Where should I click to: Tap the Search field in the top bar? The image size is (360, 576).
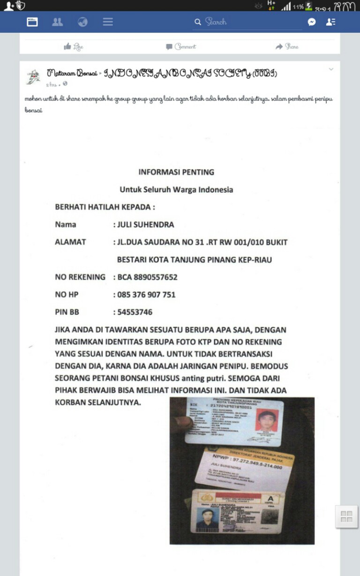[247, 22]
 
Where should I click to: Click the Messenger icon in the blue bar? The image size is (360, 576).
[312, 22]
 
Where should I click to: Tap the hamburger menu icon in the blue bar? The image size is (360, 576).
[108, 22]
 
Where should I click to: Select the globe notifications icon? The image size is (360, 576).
[83, 22]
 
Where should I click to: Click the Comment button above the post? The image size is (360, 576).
[181, 47]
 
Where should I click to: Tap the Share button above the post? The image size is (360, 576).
[287, 47]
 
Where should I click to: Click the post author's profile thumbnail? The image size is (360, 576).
[33, 76]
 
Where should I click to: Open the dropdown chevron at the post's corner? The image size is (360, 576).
[331, 70]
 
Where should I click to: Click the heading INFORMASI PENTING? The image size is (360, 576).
[176, 172]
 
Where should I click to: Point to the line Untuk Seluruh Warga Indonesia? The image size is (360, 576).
[176, 190]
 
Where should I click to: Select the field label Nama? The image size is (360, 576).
[65, 224]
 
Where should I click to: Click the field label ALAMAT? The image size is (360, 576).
[70, 242]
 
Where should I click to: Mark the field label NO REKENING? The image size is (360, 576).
[80, 277]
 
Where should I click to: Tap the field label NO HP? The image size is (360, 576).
[66, 294]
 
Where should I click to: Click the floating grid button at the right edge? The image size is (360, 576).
[346, 516]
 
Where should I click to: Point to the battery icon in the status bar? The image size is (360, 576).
[309, 7]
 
